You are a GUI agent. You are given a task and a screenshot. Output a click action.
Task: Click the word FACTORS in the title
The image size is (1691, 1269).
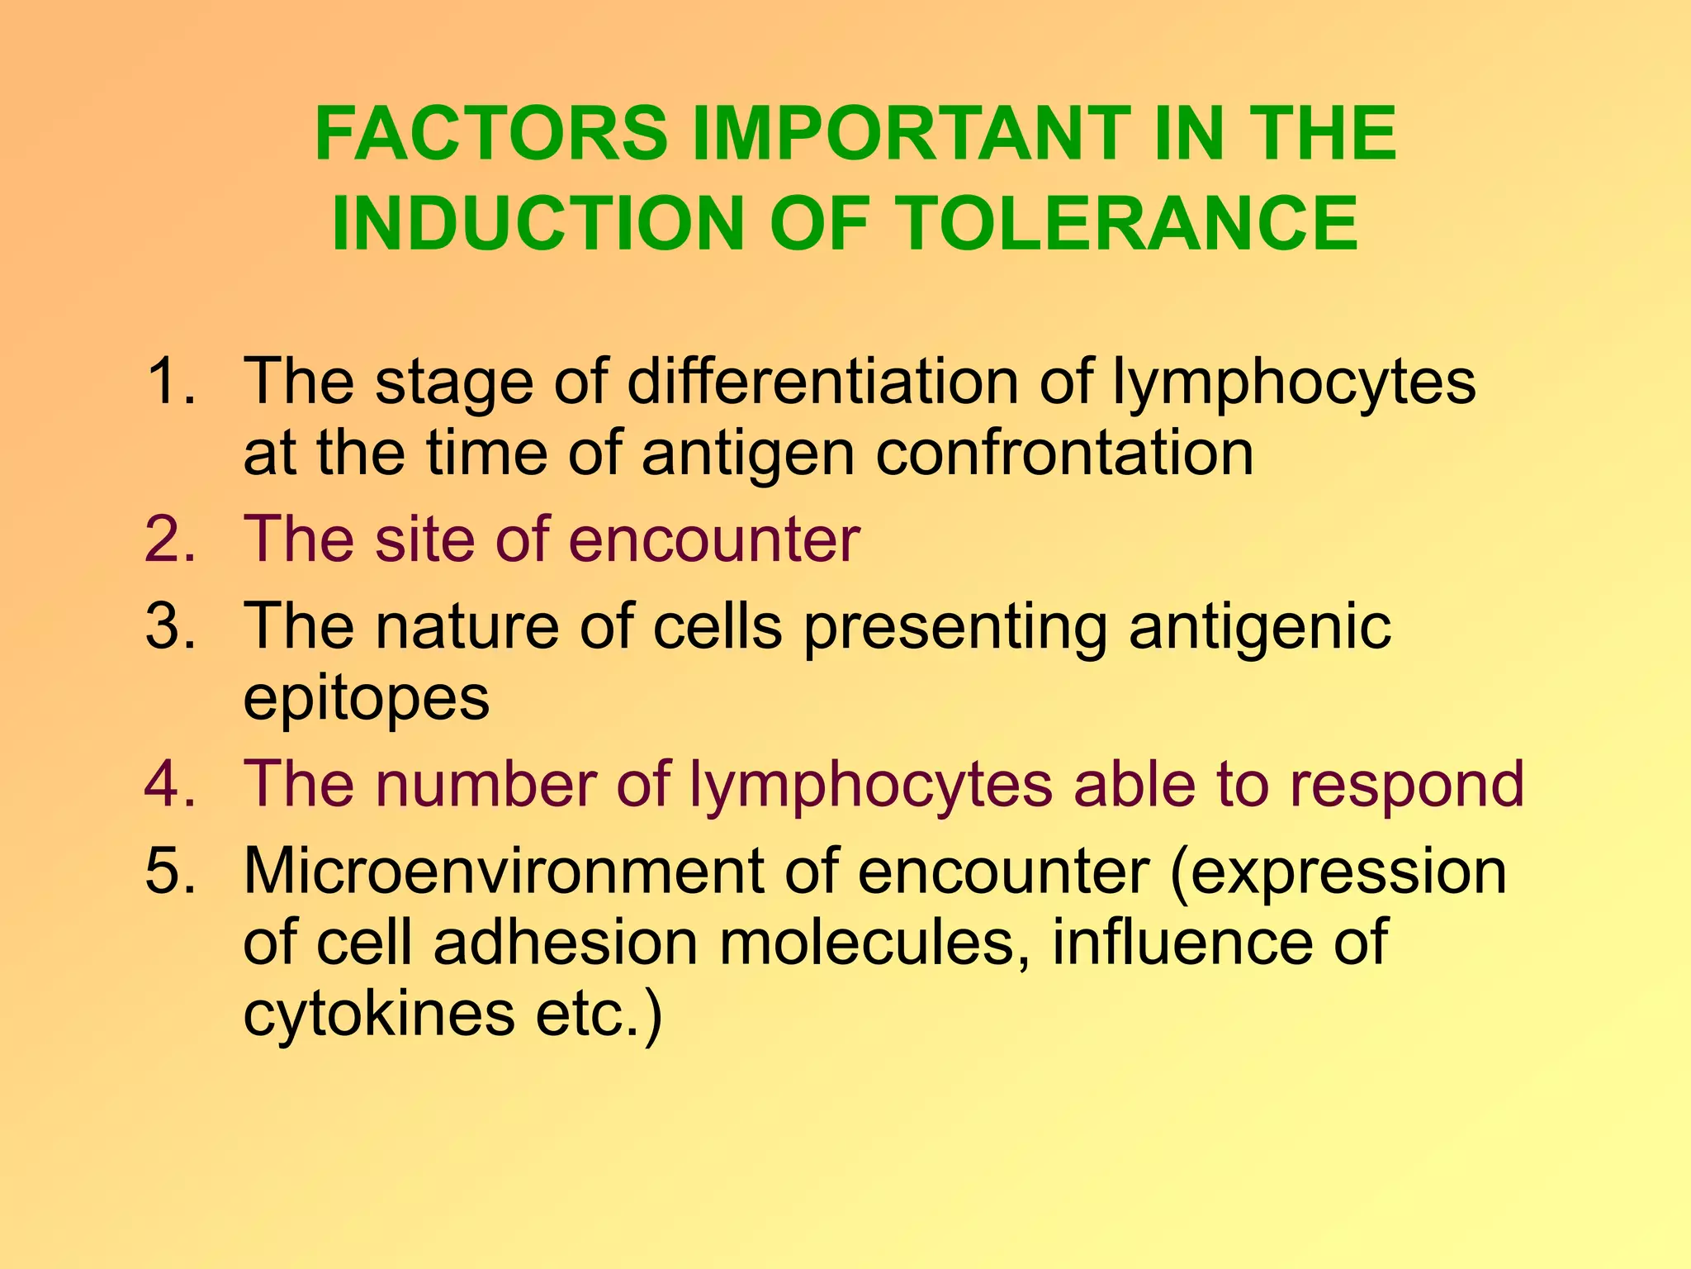[491, 134]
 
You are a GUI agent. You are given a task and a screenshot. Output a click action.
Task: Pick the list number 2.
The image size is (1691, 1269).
[169, 539]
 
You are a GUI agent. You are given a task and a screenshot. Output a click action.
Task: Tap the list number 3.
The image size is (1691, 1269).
[169, 625]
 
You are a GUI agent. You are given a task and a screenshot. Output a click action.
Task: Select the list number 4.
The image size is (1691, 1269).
[169, 783]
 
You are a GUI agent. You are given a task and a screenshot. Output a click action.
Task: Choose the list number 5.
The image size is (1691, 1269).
[169, 871]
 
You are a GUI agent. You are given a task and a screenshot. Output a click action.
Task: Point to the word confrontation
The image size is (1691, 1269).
[1064, 454]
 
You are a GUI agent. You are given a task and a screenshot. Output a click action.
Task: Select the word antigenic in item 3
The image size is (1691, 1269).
[1260, 625]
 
